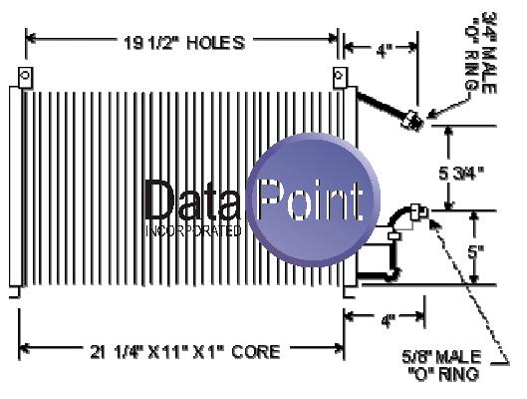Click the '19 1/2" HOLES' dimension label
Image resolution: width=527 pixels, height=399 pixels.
[x=184, y=43]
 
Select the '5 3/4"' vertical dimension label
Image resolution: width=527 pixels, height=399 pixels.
[x=461, y=174]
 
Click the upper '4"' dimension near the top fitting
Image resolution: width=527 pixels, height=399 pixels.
[x=385, y=51]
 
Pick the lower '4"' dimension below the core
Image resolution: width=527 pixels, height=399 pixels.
[x=389, y=320]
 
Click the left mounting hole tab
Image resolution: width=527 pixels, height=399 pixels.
[x=25, y=77]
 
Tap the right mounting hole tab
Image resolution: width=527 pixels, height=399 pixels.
[x=340, y=77]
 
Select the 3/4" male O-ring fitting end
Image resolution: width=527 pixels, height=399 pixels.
[x=412, y=120]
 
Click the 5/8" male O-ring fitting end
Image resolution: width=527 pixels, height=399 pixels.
[x=418, y=211]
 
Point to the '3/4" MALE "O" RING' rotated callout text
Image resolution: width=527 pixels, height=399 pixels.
[x=481, y=53]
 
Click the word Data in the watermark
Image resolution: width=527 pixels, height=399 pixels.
[x=192, y=199]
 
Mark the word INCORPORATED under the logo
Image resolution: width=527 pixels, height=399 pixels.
[x=193, y=230]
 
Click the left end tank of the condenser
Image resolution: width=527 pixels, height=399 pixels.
[x=16, y=187]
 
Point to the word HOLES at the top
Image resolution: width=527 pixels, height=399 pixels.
[x=216, y=43]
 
